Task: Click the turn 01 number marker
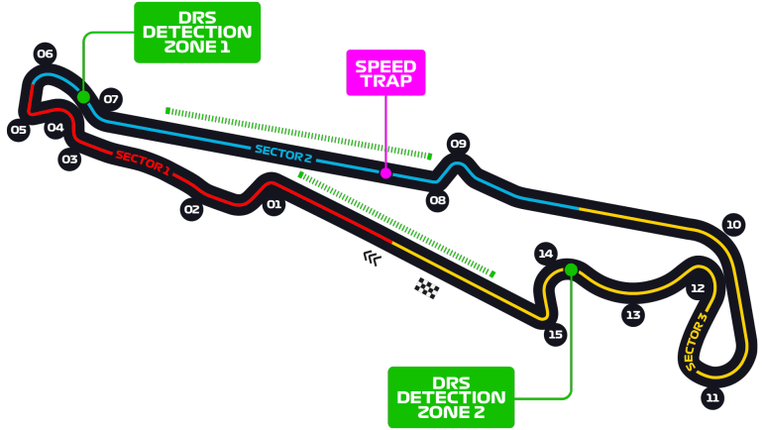click(273, 205)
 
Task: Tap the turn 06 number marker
click(45, 54)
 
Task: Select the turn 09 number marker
click(458, 144)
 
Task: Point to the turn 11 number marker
click(711, 398)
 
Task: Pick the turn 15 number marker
click(555, 335)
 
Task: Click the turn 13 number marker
click(633, 315)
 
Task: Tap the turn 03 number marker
click(69, 159)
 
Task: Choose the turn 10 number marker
click(733, 225)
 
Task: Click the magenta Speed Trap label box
click(385, 73)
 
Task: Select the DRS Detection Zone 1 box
click(197, 32)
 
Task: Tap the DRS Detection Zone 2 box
click(451, 396)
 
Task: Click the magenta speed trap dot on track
click(385, 173)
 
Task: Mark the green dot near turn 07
click(83, 97)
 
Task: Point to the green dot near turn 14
click(571, 269)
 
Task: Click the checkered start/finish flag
click(427, 288)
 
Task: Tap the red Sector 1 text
click(143, 162)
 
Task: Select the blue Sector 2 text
click(283, 153)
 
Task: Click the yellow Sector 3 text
click(697, 342)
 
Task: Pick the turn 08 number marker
click(438, 201)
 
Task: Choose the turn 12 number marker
click(698, 288)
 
